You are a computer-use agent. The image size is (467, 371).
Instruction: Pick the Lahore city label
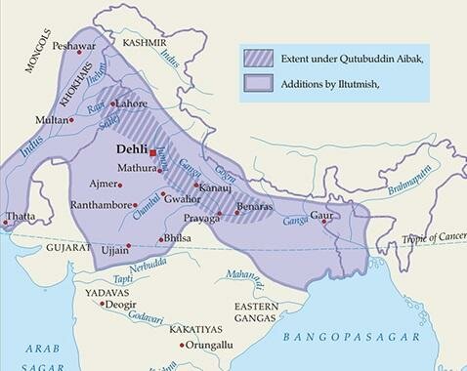pos(133,103)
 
